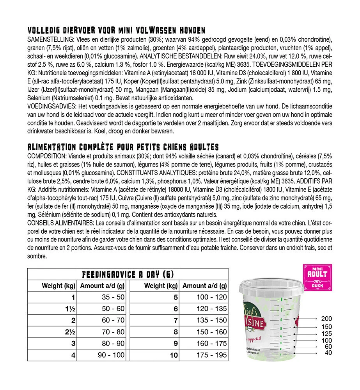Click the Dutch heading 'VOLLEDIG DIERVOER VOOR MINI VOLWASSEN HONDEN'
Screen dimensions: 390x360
coord(117,31)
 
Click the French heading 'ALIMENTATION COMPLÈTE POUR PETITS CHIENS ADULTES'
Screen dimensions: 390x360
coord(123,147)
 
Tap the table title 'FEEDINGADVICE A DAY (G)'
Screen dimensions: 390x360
coord(128,274)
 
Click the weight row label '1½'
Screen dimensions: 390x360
coord(70,309)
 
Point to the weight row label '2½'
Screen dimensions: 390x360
coord(70,332)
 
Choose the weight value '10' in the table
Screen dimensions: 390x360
coord(174,355)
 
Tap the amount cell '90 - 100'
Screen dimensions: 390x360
coord(111,355)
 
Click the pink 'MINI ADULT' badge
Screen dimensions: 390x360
coord(317,278)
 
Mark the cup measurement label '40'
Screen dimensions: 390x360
coord(328,353)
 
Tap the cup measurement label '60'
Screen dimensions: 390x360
coord(328,347)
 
